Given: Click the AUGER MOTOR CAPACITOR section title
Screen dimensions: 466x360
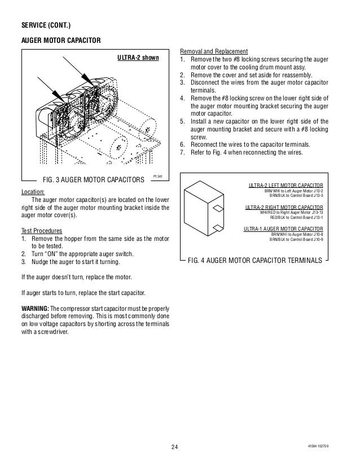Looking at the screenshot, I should pyautogui.click(x=61, y=41).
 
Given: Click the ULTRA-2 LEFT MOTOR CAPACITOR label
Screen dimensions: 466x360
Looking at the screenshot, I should pyautogui.click(x=286, y=185).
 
